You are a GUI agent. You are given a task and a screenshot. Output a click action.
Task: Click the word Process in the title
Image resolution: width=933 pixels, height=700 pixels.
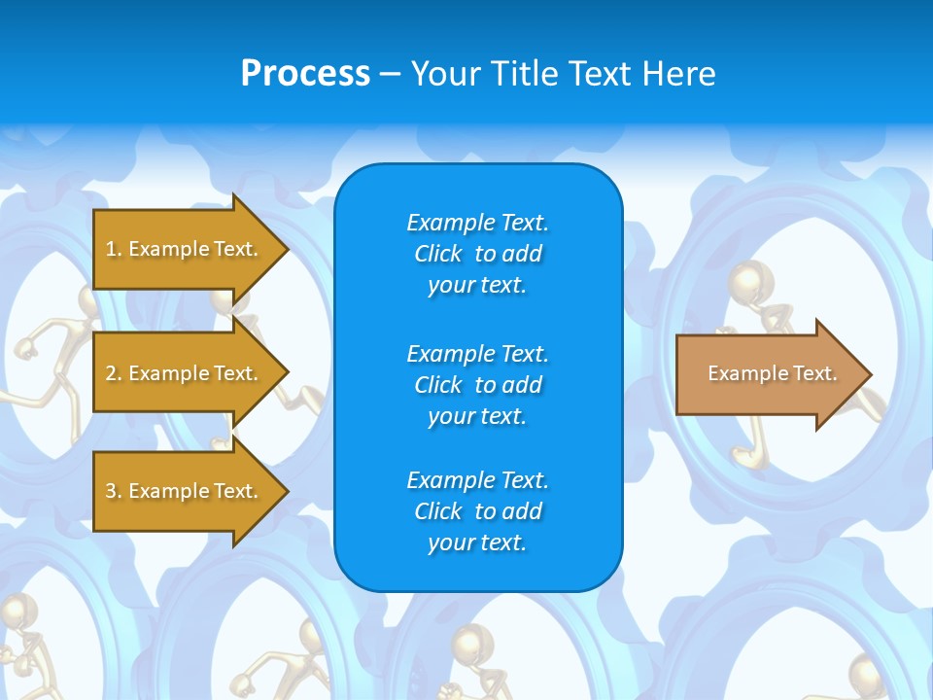click(x=305, y=74)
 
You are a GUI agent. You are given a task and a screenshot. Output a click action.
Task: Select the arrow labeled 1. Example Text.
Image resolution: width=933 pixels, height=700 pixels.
click(x=185, y=249)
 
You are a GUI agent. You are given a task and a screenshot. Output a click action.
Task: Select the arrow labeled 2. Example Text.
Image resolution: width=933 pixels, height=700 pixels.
click(x=185, y=373)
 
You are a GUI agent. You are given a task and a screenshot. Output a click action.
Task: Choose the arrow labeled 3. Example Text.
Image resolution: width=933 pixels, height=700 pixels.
click(x=185, y=491)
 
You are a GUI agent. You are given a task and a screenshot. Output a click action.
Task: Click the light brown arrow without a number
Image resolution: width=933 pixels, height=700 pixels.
click(x=768, y=374)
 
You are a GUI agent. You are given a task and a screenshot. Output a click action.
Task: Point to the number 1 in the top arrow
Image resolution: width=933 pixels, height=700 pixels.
click(x=112, y=249)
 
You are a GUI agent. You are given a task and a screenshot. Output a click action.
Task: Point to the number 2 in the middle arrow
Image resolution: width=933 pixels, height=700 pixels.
click(x=112, y=373)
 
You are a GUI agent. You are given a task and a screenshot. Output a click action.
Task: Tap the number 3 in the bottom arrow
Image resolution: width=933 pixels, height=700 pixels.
click(x=112, y=491)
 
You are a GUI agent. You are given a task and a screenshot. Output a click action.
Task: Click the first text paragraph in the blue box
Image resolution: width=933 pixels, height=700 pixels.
click(x=477, y=254)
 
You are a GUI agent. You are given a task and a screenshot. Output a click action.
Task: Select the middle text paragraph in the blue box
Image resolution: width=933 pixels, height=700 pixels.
click(x=477, y=385)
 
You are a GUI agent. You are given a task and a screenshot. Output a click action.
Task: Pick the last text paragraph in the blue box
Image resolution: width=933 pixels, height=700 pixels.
click(x=477, y=511)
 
